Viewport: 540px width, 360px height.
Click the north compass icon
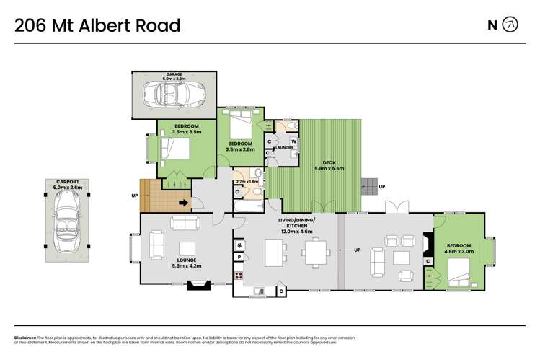[510, 25]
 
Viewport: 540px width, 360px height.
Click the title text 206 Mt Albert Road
[97, 26]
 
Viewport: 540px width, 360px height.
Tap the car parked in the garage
[173, 95]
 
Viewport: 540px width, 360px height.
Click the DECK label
[330, 163]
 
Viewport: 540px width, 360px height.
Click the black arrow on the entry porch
[184, 203]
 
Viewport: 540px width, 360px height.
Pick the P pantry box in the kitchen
[239, 258]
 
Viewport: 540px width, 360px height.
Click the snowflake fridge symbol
[239, 243]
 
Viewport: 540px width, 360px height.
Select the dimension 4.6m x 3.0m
[459, 253]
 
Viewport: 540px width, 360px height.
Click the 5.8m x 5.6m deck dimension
[330, 169]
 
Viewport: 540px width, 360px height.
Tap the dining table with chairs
[314, 253]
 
